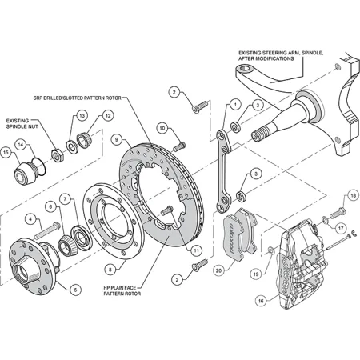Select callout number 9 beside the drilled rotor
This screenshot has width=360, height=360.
click(x=116, y=138)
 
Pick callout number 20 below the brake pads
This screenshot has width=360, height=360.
click(x=219, y=270)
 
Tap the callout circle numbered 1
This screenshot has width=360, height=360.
click(x=235, y=104)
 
